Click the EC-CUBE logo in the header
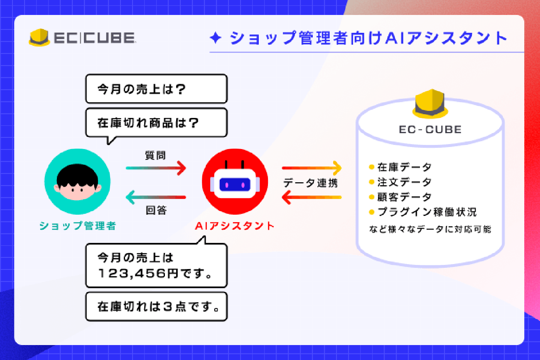[82, 38]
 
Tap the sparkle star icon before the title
[215, 38]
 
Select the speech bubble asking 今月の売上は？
[157, 89]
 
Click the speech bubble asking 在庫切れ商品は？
[157, 122]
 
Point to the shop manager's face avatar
[77, 181]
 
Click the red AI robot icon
[235, 181]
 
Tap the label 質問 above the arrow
[155, 155]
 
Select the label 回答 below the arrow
[156, 210]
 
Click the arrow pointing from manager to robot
[156, 168]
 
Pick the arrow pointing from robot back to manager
[156, 197]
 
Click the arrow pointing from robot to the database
[312, 168]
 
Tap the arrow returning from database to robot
[312, 197]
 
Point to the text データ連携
[311, 183]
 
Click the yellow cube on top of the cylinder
[430, 104]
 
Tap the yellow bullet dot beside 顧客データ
[371, 197]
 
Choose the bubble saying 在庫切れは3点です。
[157, 306]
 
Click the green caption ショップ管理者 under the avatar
[77, 226]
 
